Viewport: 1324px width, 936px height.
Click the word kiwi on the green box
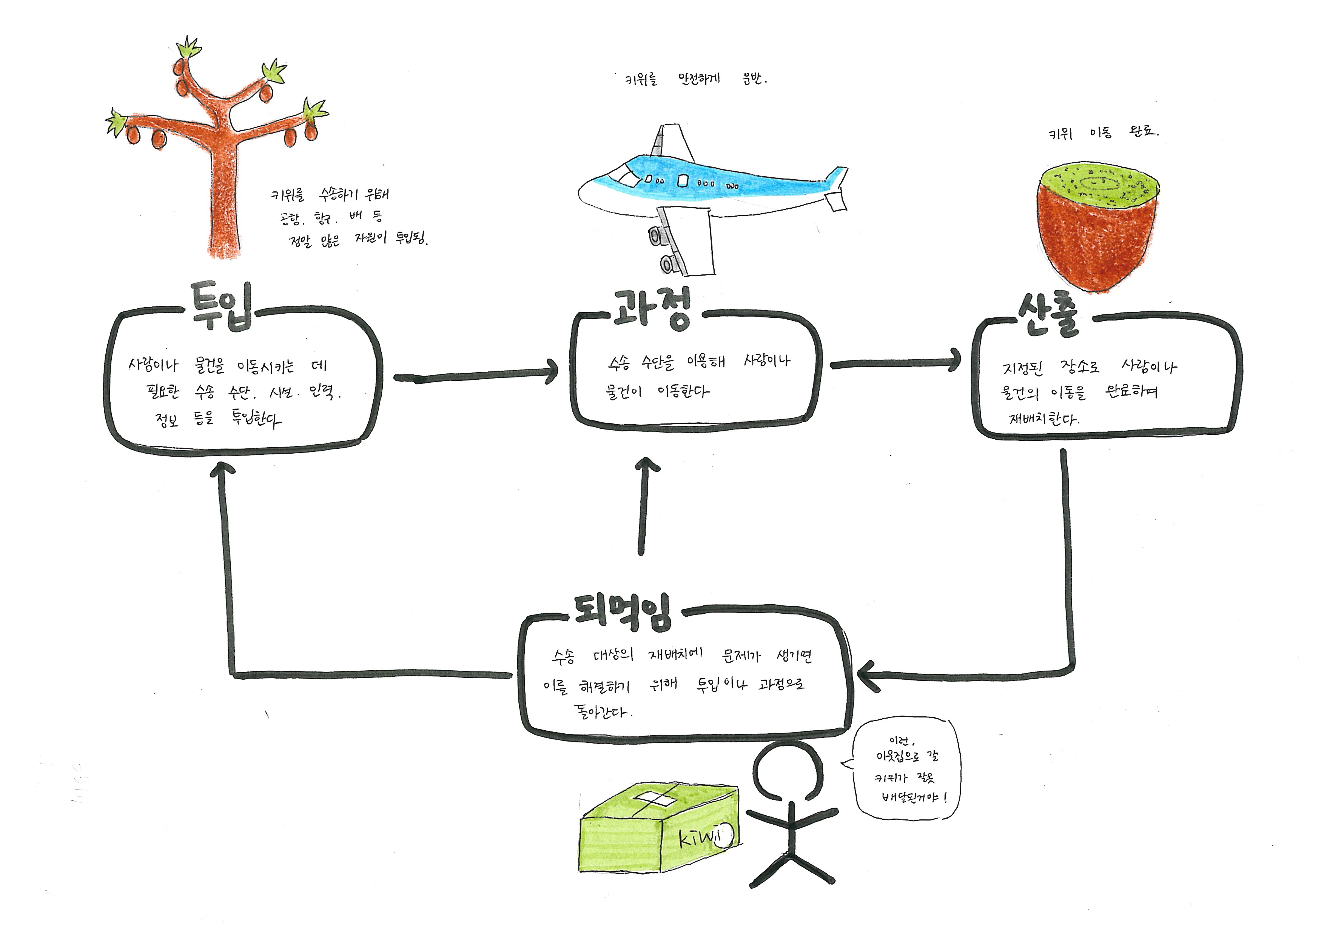(x=701, y=837)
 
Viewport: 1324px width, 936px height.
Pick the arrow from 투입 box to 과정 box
(x=476, y=376)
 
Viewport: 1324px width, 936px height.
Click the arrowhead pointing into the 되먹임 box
(x=868, y=676)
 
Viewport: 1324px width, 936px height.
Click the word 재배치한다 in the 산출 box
(x=1043, y=419)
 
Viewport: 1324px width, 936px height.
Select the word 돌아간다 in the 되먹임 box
(x=601, y=712)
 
